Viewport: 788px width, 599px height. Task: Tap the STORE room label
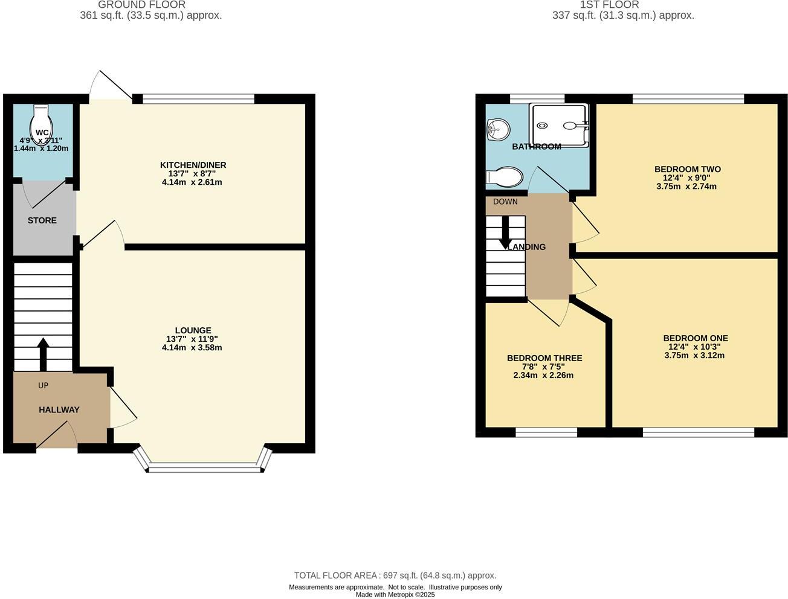click(42, 220)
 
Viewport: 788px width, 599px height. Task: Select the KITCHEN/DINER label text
click(193, 165)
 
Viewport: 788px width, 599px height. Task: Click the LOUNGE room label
click(193, 330)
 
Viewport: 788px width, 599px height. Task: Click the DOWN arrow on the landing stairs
click(505, 233)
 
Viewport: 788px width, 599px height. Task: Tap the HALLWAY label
click(59, 409)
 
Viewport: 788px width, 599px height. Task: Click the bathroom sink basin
click(499, 129)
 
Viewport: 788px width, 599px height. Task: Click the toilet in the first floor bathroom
click(505, 177)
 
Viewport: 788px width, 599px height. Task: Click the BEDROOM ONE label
click(695, 338)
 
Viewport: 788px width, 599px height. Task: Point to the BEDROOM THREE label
click(544, 358)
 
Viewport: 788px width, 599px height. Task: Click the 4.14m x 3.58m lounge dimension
click(192, 348)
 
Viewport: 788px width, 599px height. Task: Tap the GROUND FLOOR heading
click(141, 5)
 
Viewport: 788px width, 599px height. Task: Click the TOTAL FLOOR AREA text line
click(395, 575)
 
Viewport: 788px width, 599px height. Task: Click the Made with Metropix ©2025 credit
click(395, 595)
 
